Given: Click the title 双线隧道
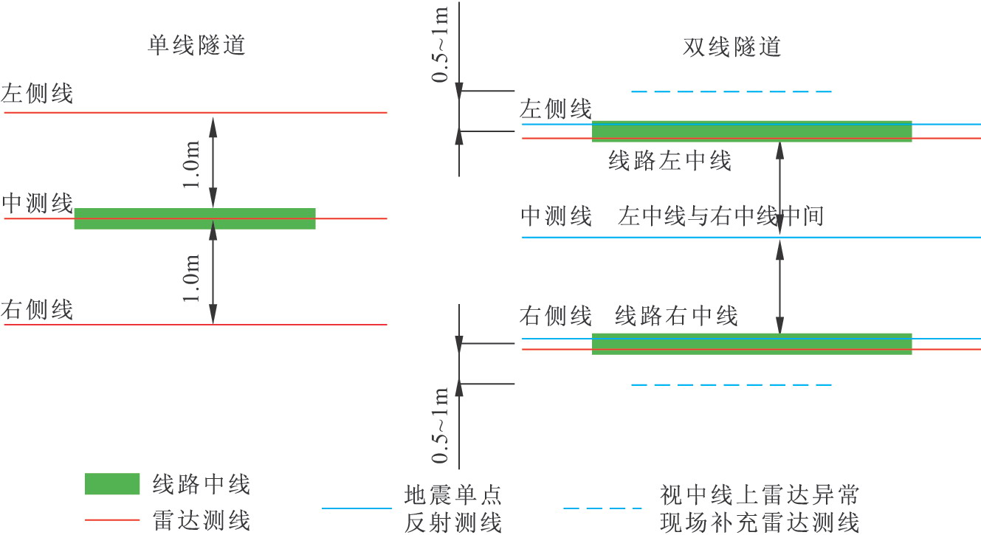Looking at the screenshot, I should click(732, 47).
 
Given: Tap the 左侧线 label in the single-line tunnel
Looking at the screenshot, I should click(37, 94).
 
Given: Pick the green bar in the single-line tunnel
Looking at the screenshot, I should click(195, 218).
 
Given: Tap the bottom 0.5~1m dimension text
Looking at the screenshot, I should click(440, 425).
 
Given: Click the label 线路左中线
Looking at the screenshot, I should click(670, 161).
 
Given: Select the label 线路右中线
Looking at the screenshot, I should click(676, 317).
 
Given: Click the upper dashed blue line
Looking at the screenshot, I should click(732, 92).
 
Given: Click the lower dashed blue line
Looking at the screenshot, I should click(732, 384).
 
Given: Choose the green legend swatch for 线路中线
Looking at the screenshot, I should click(112, 483).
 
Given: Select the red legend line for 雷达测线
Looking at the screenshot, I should click(112, 520).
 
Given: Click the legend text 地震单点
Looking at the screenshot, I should click(453, 493).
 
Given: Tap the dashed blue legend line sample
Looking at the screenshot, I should click(602, 508).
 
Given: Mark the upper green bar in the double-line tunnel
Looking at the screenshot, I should click(751, 131).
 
